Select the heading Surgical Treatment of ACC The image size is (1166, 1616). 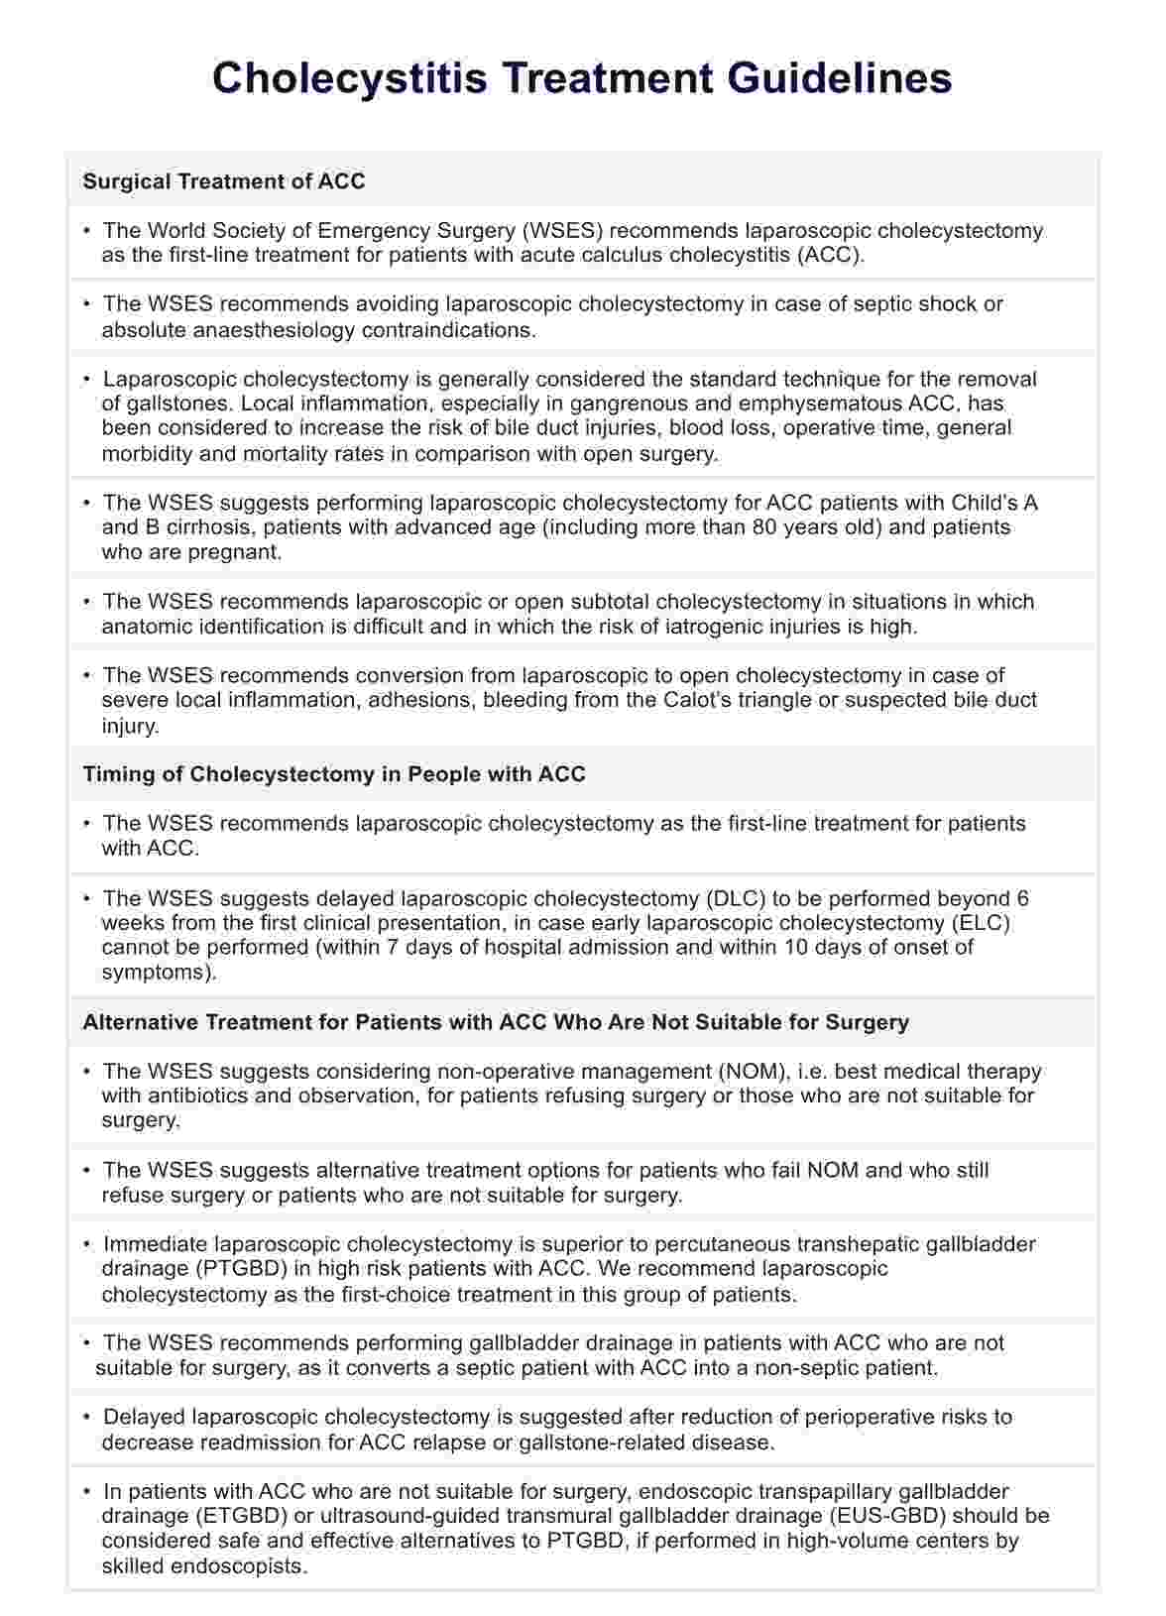coord(224,181)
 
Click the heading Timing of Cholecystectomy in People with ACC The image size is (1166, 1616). coord(334,774)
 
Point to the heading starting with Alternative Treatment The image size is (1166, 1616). coord(496,1022)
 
